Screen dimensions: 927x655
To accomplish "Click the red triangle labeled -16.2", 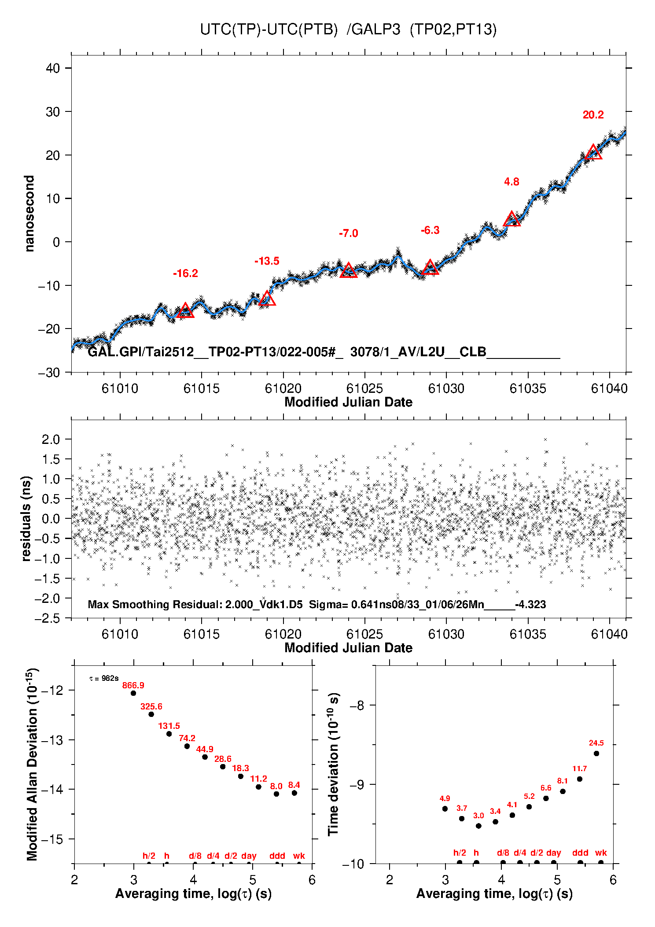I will coord(185,310).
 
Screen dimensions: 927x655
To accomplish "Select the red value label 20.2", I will coord(593,115).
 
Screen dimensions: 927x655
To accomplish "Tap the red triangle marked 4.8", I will coord(511,219).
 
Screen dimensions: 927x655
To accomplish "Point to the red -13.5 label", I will coord(267,261).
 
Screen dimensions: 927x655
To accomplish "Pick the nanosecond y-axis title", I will coord(29,213).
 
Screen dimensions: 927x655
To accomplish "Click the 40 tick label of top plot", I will coord(53,68).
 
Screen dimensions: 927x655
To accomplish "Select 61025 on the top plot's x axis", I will coord(364,388).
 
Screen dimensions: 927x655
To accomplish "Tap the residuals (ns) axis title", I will coord(26,518).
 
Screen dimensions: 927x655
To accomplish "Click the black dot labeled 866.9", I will coord(133,693).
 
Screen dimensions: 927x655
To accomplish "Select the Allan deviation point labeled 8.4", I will coord(294,793).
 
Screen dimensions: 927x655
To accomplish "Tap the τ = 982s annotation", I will coord(104,679).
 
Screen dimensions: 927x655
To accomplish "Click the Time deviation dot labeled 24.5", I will coord(596,753).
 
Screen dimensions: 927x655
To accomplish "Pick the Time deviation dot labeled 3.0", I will coord(478,826).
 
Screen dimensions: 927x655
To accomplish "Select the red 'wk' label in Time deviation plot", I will coord(601,853).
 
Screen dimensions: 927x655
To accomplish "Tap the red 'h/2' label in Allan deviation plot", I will coord(149,856).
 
